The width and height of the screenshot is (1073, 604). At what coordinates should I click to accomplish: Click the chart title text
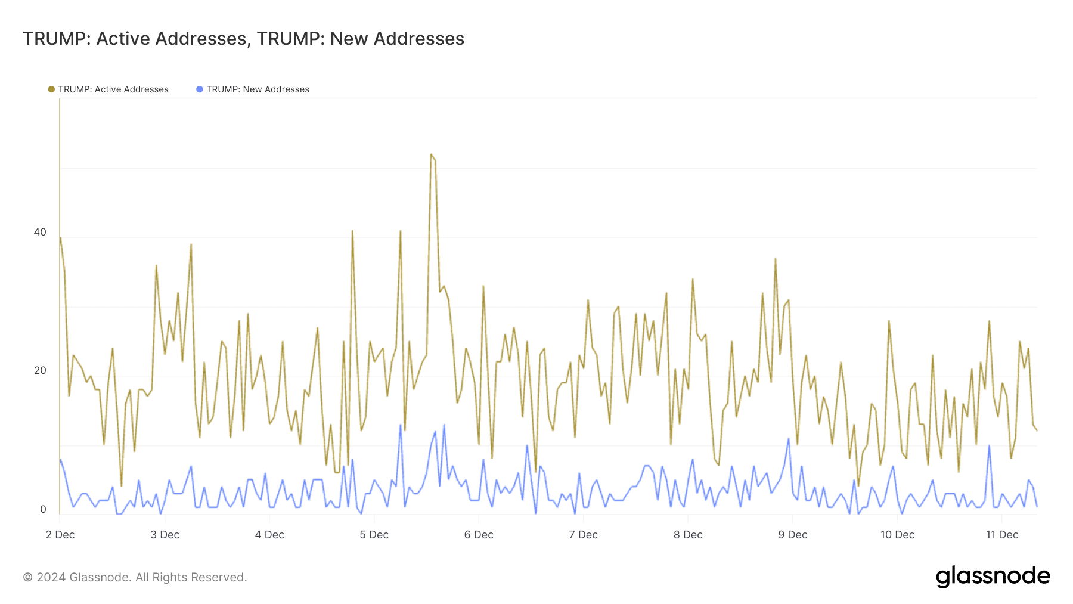click(243, 39)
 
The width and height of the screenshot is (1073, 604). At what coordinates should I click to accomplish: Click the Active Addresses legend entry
click(113, 89)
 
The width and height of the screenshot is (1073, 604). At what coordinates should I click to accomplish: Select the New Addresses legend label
click(258, 89)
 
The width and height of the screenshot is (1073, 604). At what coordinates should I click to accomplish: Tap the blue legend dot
click(200, 89)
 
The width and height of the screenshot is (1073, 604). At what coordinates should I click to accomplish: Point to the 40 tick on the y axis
click(40, 232)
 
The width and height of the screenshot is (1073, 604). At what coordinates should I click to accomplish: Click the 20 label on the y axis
click(40, 370)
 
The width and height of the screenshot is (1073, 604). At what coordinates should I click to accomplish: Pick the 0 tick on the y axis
click(43, 509)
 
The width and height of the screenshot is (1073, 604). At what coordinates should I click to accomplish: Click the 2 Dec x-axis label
click(60, 535)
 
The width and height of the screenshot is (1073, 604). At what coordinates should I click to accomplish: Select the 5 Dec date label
click(374, 535)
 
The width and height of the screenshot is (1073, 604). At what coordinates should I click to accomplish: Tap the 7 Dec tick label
click(583, 535)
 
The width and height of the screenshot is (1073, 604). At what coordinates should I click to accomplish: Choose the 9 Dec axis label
click(792, 535)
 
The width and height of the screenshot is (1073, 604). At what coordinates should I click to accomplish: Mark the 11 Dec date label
click(1002, 535)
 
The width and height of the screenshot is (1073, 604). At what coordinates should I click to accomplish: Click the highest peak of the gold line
click(431, 154)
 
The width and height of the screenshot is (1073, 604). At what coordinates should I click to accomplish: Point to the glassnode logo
click(993, 577)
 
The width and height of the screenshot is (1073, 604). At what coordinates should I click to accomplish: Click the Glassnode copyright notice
click(135, 577)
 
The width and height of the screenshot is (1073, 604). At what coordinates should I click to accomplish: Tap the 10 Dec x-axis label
click(897, 535)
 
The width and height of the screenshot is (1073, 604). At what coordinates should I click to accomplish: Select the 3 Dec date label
click(165, 535)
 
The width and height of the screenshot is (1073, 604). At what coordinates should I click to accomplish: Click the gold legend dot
click(51, 89)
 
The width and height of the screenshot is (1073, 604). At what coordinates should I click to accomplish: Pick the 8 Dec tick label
click(688, 535)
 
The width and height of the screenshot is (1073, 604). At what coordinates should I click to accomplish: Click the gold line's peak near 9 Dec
click(775, 259)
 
